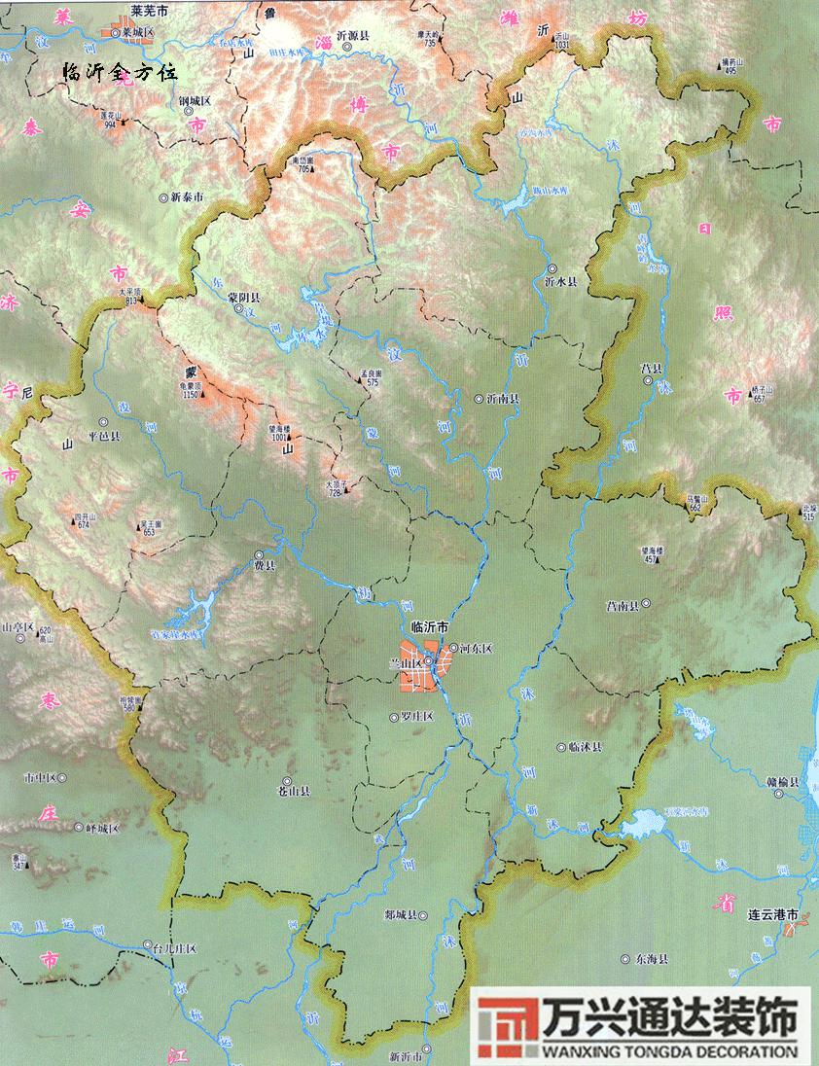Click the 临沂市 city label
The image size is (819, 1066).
coord(431,627)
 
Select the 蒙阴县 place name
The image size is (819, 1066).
coord(244,297)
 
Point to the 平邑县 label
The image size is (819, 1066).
coord(104,438)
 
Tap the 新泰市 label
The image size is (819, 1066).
coord(187,196)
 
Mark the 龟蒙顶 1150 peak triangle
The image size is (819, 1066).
coord(203,406)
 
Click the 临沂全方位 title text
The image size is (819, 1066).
coord(119,72)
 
